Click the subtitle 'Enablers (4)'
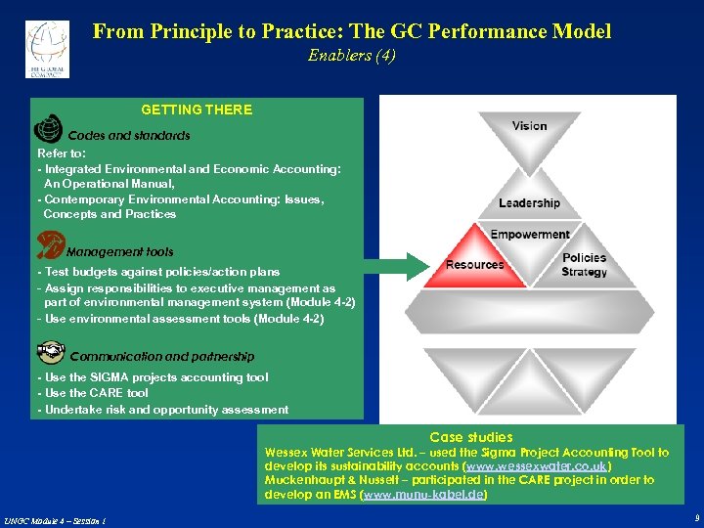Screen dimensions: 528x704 (x=352, y=56)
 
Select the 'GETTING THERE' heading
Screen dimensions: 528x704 (x=197, y=110)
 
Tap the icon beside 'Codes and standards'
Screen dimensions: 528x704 (x=48, y=130)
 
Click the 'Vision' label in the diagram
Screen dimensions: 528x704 (x=529, y=126)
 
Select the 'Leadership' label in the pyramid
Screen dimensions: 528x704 (x=529, y=203)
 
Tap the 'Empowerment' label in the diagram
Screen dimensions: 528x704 (x=529, y=235)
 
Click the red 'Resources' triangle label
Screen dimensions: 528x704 (x=474, y=265)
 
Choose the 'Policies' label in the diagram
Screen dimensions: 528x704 (x=584, y=258)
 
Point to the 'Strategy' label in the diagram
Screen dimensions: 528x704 (x=584, y=272)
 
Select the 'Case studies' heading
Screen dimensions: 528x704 (x=471, y=437)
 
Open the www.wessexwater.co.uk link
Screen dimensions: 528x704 (x=537, y=466)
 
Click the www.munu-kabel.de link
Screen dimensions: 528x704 (x=423, y=496)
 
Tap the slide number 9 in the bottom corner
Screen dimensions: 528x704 (x=695, y=519)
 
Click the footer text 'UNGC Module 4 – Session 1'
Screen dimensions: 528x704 (x=55, y=520)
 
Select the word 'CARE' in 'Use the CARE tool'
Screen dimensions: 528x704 (x=108, y=393)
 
